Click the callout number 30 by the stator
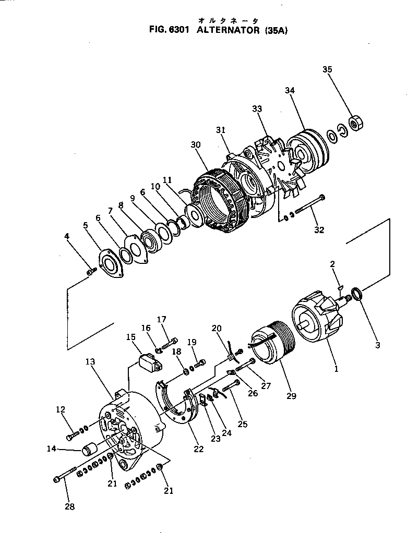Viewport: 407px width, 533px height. point(196,144)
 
